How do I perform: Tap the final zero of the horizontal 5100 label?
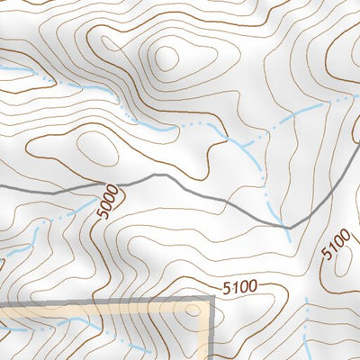coord(252,287)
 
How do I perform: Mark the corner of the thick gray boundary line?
coord(212,303)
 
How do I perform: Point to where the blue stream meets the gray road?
coord(285,227)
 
